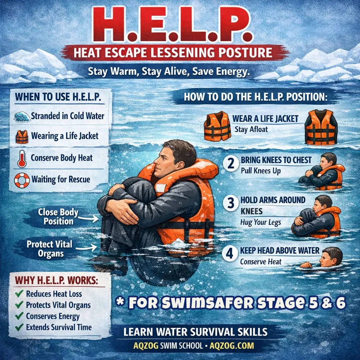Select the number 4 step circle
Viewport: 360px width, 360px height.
(x=230, y=254)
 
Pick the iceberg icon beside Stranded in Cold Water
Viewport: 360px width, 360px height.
(x=22, y=116)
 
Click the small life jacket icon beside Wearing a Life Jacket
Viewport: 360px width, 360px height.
(x=21, y=136)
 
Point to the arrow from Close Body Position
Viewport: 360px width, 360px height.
(x=89, y=219)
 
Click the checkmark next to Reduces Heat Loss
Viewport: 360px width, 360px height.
(x=19, y=294)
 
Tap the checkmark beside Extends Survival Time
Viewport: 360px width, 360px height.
(x=19, y=328)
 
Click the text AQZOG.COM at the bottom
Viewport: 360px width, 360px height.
(x=231, y=346)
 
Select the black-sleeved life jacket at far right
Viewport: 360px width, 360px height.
(x=321, y=127)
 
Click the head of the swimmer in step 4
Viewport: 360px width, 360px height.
(x=332, y=257)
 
